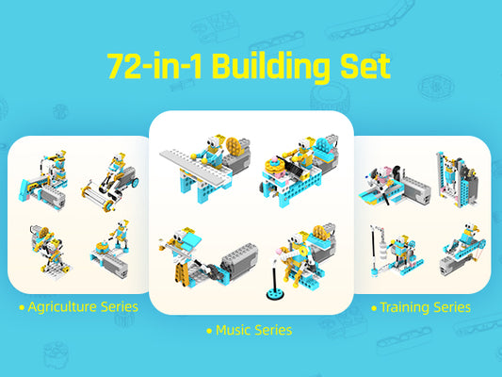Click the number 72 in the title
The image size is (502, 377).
[x=125, y=67]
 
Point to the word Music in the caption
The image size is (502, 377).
[x=235, y=330]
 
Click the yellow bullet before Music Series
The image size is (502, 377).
[x=208, y=331]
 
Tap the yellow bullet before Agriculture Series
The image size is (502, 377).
[x=22, y=307]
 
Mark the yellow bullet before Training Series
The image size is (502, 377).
[x=374, y=307]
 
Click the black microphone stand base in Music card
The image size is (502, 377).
[x=275, y=294]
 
